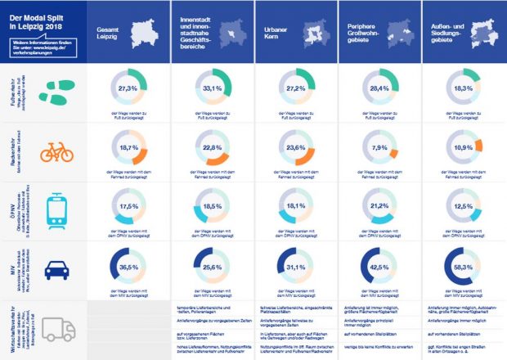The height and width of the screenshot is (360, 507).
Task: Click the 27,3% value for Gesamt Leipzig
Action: click(127, 88)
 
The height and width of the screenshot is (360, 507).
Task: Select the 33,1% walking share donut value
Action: click(211, 88)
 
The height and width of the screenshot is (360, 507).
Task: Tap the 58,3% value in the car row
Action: click(464, 268)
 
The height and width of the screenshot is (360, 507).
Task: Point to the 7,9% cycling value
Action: click(379, 148)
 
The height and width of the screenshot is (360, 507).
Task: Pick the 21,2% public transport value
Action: click(379, 207)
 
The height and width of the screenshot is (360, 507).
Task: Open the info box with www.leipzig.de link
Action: click(42, 46)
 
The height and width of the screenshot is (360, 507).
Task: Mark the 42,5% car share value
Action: click(379, 268)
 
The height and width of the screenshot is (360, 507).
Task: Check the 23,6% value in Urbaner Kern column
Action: click(295, 148)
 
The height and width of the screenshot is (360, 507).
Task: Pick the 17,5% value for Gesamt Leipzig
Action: click(127, 207)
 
